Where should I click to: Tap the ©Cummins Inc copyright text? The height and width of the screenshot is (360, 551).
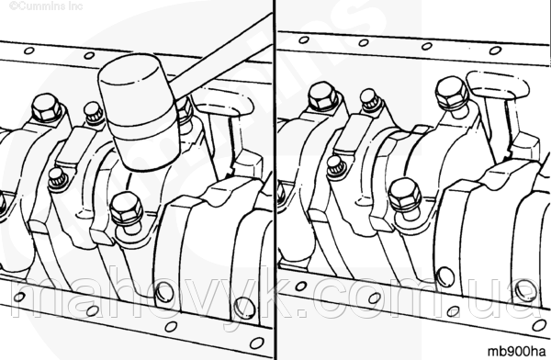(x=46, y=6)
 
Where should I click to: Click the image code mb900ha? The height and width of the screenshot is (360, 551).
(x=516, y=351)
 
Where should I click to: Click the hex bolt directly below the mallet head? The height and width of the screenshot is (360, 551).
(x=127, y=212)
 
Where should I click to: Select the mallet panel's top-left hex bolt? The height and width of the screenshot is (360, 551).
(x=47, y=107)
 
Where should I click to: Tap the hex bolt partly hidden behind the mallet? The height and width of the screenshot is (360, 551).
(x=184, y=109)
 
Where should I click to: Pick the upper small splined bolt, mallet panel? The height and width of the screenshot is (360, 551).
(x=94, y=112)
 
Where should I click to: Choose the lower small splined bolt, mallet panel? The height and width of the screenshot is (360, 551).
(x=58, y=179)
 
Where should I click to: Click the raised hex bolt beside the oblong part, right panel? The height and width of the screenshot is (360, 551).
(x=452, y=94)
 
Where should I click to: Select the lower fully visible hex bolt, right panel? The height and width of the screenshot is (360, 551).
(x=406, y=196)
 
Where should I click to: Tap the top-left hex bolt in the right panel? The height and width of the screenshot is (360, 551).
(x=323, y=96)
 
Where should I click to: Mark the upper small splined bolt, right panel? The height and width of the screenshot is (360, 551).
(x=369, y=99)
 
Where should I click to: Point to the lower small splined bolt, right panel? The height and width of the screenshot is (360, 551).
(x=337, y=167)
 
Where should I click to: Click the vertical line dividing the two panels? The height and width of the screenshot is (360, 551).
(x=275, y=180)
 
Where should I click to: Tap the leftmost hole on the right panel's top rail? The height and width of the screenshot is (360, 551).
(x=304, y=40)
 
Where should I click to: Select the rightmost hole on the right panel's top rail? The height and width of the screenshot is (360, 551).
(x=495, y=51)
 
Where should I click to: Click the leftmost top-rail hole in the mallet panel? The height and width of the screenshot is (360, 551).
(x=28, y=51)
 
